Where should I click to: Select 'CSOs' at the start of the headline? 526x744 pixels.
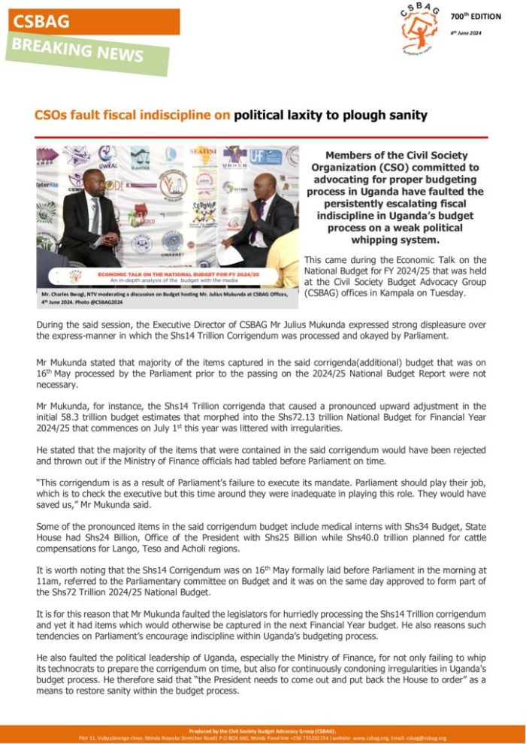click(50, 116)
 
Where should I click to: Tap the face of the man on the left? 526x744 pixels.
click(92, 182)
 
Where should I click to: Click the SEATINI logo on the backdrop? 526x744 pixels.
click(203, 152)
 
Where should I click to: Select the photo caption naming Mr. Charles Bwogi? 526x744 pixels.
click(162, 298)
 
